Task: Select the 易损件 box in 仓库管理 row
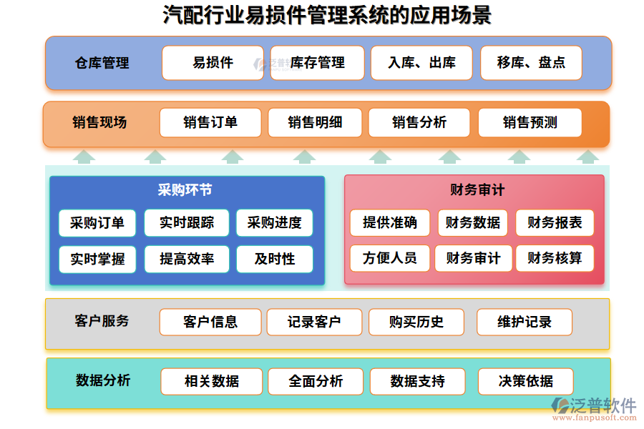coord(213,63)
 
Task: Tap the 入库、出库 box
coord(422,63)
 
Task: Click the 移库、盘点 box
coord(531,63)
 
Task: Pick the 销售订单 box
coord(210,122)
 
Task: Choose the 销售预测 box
coord(530,122)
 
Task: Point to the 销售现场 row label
coord(99,122)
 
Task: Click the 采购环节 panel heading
coord(185,190)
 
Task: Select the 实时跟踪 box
coord(187,223)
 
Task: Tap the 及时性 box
coord(275,259)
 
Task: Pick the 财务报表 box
coord(555,223)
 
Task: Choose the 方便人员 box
coord(389,258)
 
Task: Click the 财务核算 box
coord(555,258)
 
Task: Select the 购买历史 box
coord(416,322)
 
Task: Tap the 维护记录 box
coord(525,322)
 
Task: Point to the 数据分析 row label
coord(103,380)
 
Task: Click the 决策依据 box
coord(526,381)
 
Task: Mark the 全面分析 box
coord(316,381)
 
